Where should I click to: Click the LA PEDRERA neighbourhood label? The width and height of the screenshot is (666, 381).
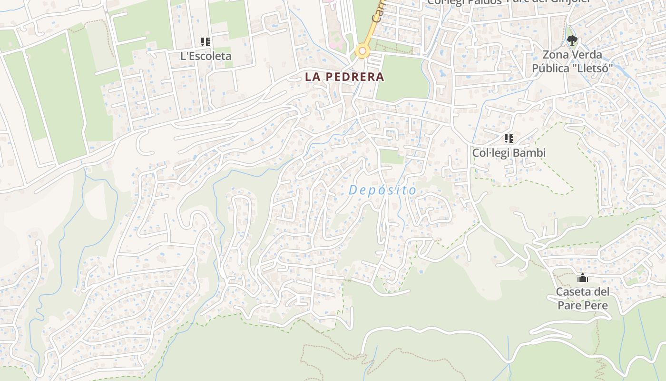(x=344, y=77)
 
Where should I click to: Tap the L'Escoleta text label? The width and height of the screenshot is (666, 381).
(x=206, y=56)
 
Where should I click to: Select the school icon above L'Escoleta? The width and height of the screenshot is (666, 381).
(x=206, y=42)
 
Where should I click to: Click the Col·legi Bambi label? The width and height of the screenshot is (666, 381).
(x=509, y=153)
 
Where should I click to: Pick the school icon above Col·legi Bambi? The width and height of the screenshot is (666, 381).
(x=509, y=139)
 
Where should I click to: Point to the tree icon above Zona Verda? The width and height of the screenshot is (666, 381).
(x=572, y=40)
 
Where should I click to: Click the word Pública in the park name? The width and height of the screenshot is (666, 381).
(x=550, y=69)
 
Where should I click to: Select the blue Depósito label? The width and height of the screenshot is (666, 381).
(x=382, y=190)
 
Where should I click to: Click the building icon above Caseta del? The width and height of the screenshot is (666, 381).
(x=583, y=278)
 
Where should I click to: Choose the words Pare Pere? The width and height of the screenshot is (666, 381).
(x=583, y=305)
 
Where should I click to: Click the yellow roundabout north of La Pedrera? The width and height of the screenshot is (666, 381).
(x=362, y=50)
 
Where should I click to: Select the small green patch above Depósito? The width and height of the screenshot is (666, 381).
(x=392, y=157)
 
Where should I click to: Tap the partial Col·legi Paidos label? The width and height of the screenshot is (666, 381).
(x=464, y=2)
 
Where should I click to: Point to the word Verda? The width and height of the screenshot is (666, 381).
(x=586, y=55)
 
